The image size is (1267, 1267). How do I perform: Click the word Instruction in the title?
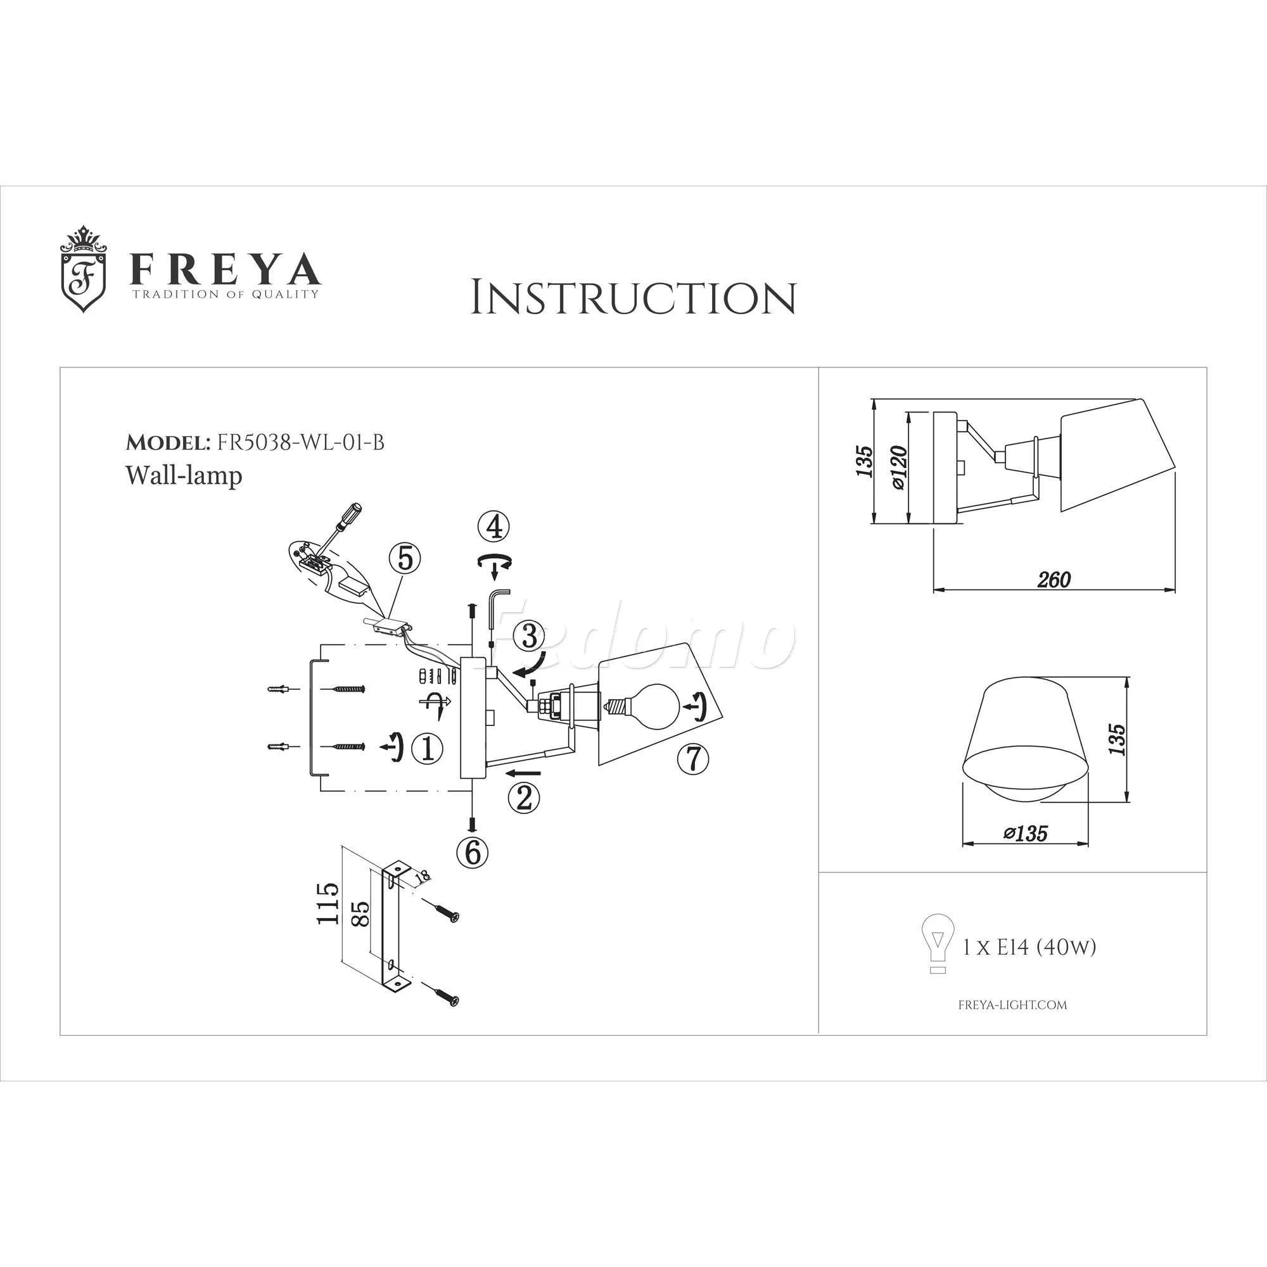point(633,298)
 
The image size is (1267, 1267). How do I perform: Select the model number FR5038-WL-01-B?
point(300,443)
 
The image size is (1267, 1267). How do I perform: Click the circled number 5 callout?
point(405,559)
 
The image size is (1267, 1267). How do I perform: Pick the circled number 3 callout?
point(530,635)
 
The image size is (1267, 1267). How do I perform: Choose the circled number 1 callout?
point(427,748)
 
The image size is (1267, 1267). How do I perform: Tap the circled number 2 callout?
point(525,798)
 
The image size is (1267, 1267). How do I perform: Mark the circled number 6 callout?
point(473,853)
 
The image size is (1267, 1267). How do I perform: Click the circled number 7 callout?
point(694,759)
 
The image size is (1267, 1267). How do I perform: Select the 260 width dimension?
point(1054,580)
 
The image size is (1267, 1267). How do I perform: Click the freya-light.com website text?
point(1012,1005)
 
